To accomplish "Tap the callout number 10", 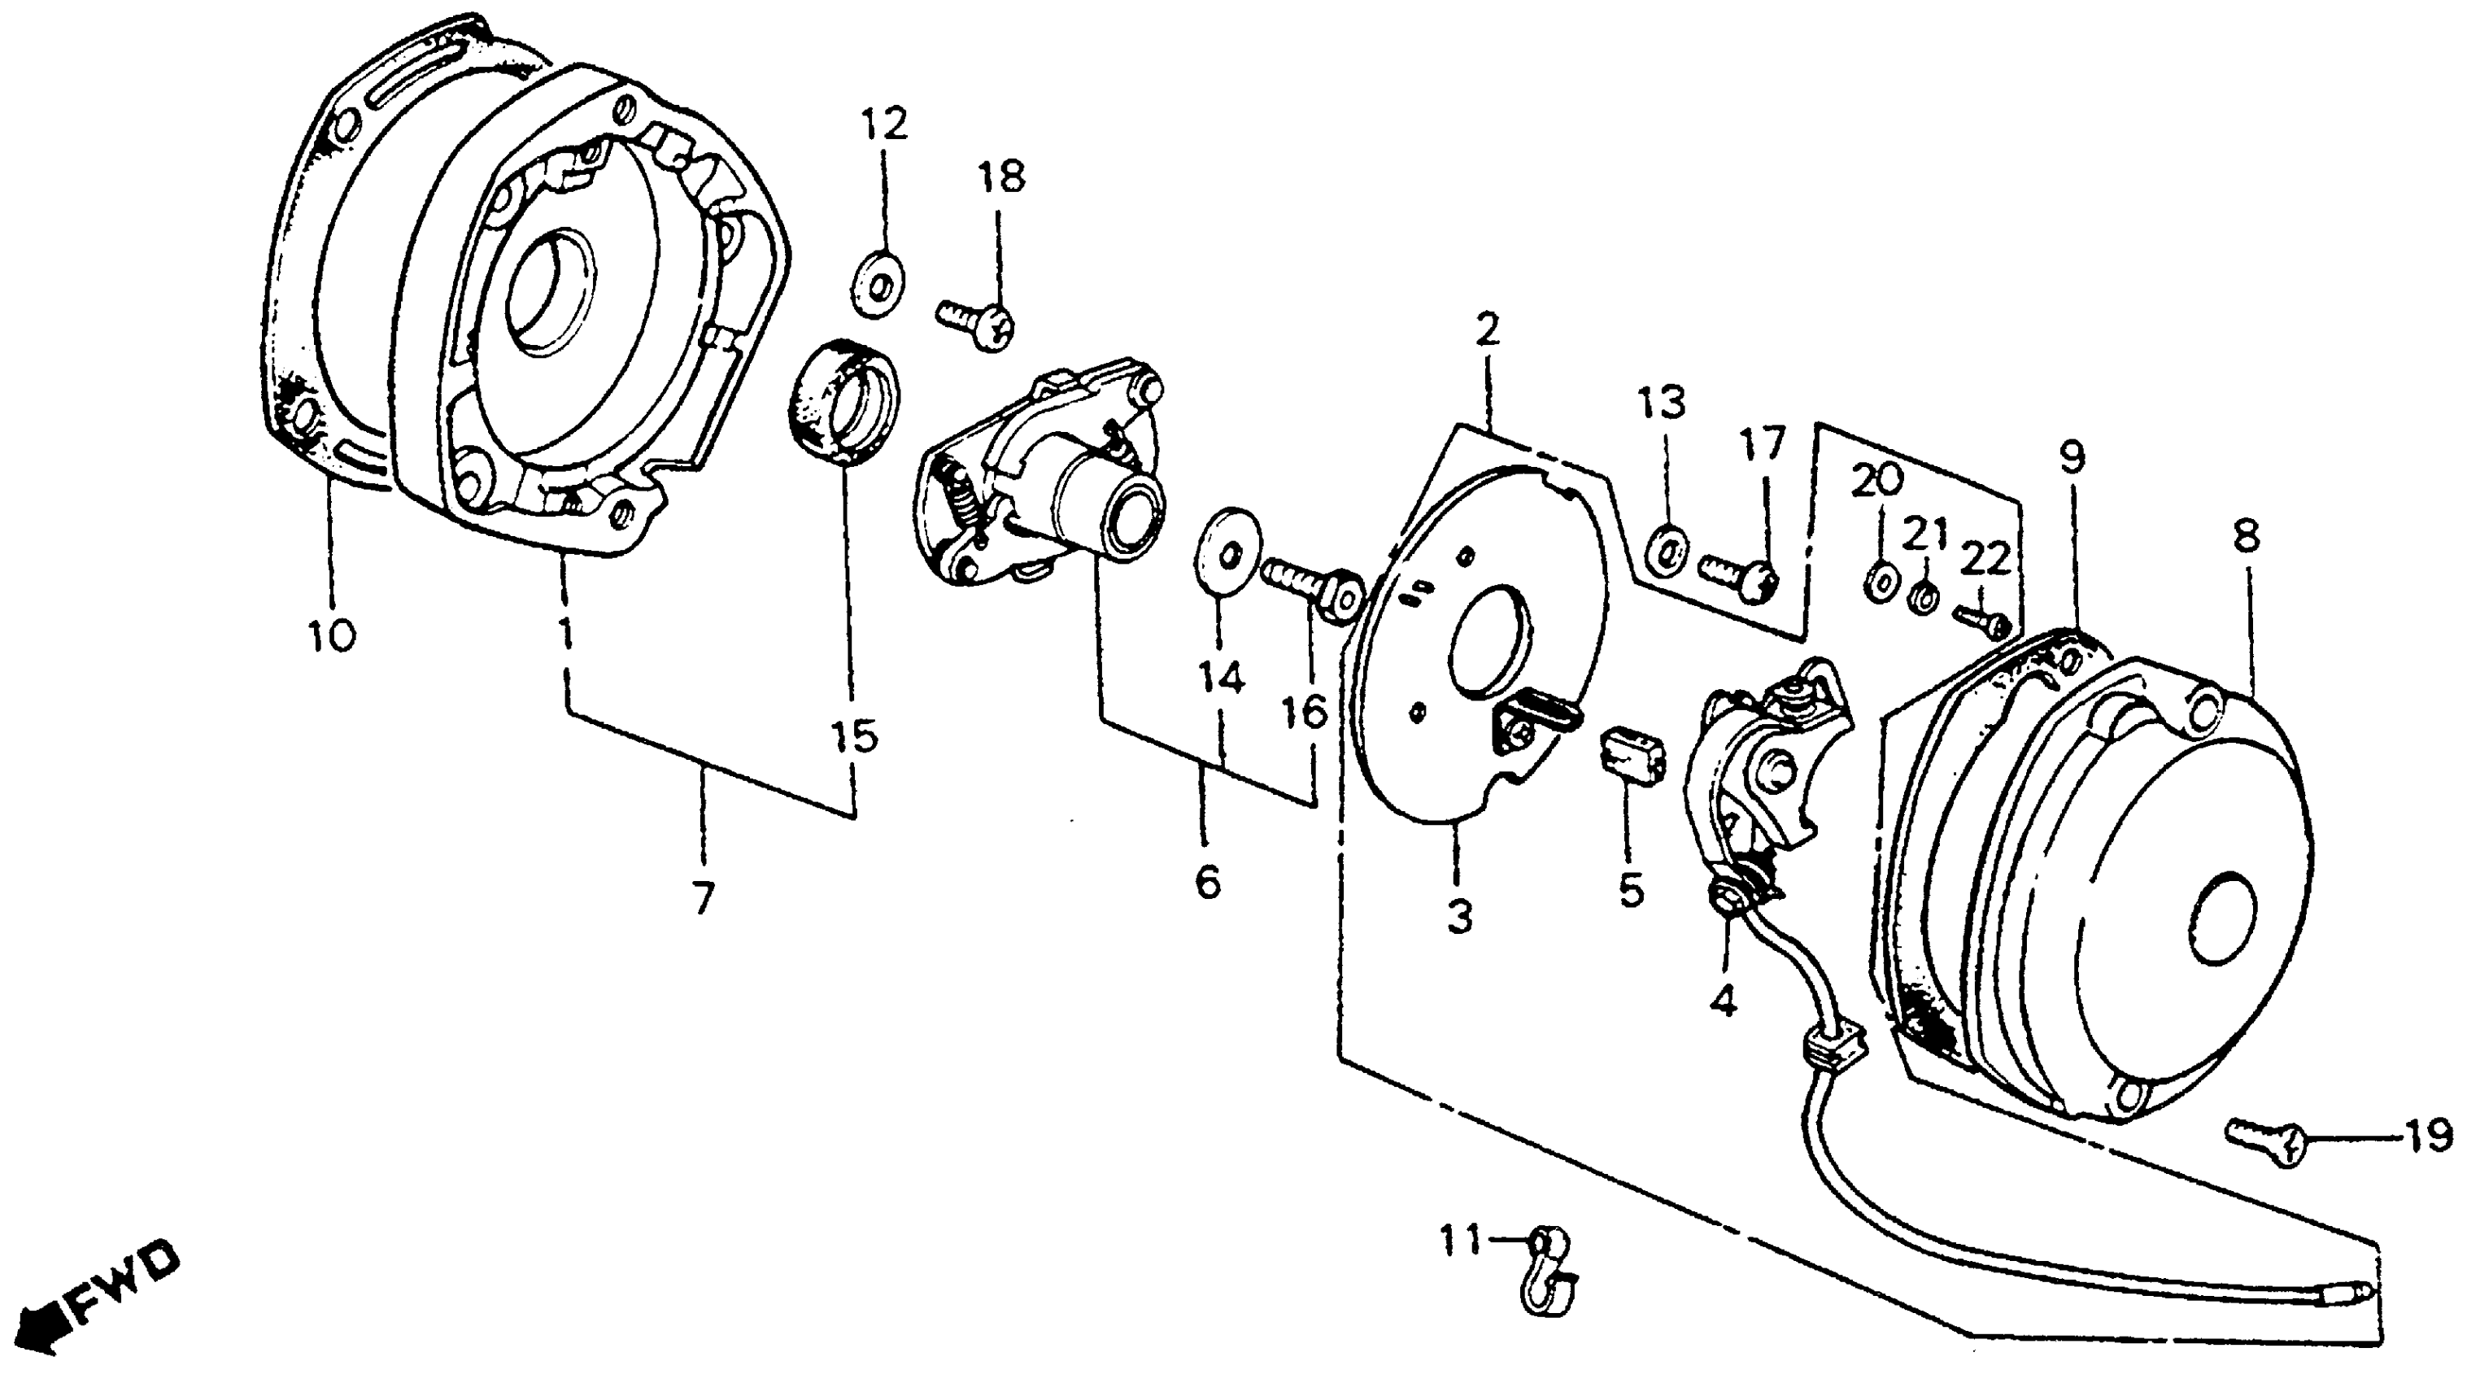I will [x=331, y=635].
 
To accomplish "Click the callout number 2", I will [x=1487, y=332].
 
